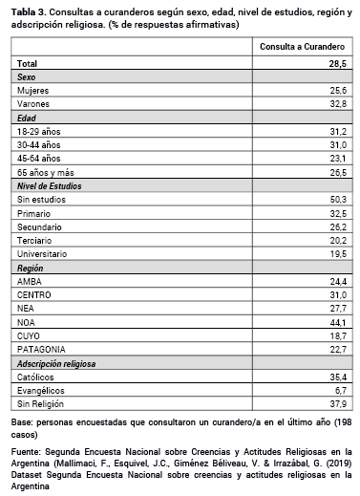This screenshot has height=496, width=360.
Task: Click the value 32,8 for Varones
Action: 338,102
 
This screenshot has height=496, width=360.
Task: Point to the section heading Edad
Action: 27,116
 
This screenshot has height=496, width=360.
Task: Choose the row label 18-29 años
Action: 40,130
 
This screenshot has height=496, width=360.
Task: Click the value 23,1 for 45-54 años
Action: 338,158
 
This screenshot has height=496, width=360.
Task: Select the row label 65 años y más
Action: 46,171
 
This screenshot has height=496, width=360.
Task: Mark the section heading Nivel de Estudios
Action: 53,185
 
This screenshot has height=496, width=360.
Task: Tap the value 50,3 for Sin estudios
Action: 338,199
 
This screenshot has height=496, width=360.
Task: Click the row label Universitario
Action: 43,254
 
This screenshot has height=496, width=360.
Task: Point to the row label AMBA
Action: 30,282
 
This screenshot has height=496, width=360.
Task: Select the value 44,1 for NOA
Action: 338,323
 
